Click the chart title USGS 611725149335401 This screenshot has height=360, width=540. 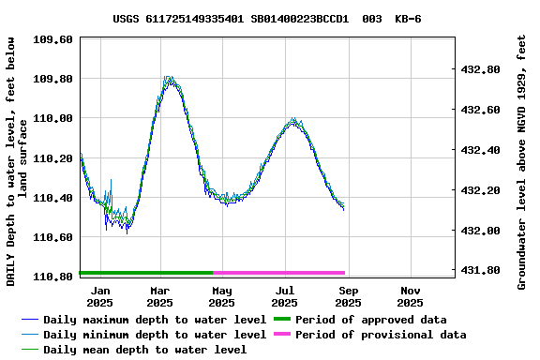coord(267,19)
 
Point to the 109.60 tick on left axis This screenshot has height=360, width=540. coord(52,39)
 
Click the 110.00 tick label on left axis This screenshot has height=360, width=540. coord(52,118)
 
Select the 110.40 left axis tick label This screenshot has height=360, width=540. coord(52,198)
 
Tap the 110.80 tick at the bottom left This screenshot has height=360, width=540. coord(52,277)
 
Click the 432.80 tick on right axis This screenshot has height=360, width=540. coord(480,69)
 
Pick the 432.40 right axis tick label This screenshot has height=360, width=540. coord(480,150)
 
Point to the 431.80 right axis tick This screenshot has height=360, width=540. coord(480,270)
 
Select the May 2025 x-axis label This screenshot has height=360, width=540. coord(221,296)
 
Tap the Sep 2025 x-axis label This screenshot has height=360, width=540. coord(348,296)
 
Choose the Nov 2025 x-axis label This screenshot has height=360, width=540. coord(410,296)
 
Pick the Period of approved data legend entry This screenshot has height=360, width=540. coord(370,320)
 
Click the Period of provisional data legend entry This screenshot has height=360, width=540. coord(381,335)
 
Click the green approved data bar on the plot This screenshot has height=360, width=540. coord(145,273)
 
